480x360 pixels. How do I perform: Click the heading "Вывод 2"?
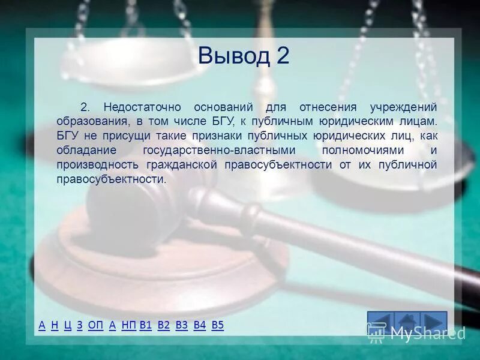pyautogui.click(x=243, y=56)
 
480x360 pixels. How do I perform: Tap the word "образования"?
pyautogui.click(x=91, y=121)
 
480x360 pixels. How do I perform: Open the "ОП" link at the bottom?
pyautogui.click(x=95, y=325)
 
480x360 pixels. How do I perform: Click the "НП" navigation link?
pyautogui.click(x=128, y=325)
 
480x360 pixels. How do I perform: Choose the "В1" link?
pyautogui.click(x=145, y=325)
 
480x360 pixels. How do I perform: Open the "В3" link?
pyautogui.click(x=182, y=325)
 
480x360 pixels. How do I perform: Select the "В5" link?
pyautogui.click(x=218, y=325)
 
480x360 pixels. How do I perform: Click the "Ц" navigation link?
pyautogui.click(x=67, y=325)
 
